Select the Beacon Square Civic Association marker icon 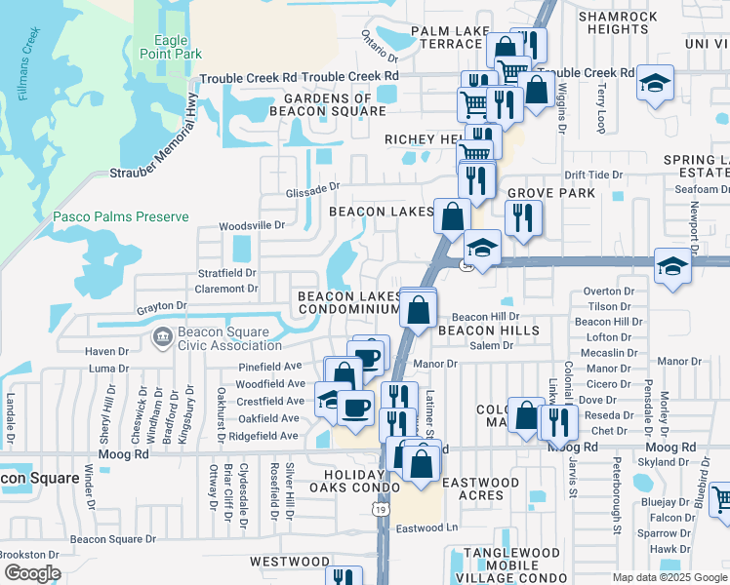coord(162,337)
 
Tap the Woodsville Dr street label coord(251,225)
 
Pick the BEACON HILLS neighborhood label coord(488,331)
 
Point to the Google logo coord(32,573)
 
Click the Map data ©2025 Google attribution coord(669,577)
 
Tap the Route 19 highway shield coord(377,508)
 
